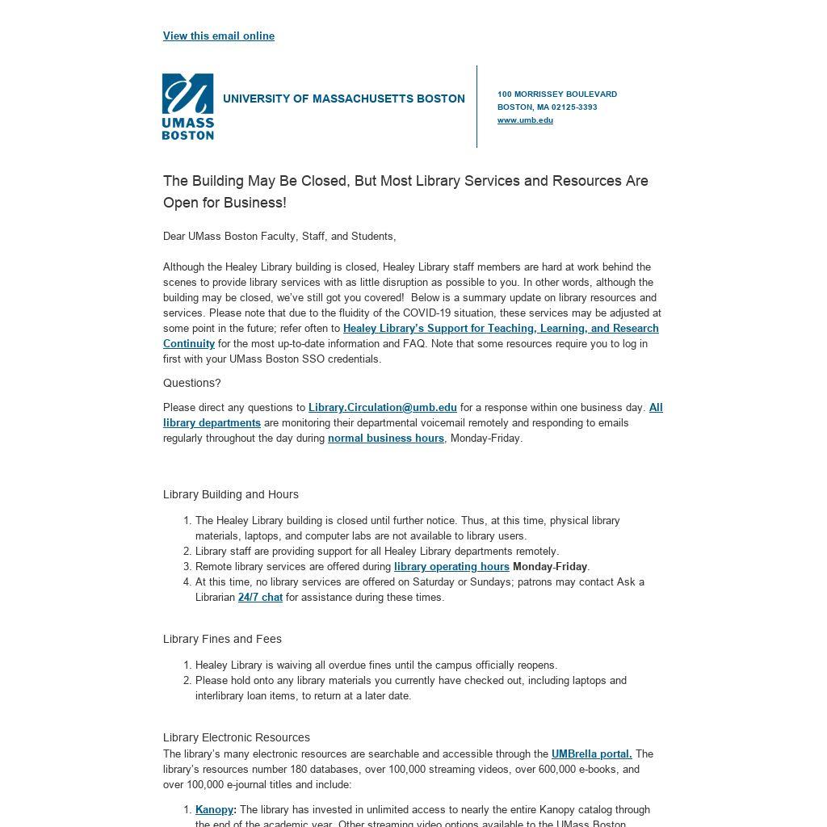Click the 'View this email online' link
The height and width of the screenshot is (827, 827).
coord(218,36)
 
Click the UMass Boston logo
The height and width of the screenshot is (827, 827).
coord(188,107)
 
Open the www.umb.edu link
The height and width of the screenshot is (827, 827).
coord(525,120)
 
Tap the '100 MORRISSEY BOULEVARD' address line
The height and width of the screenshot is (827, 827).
coord(556,94)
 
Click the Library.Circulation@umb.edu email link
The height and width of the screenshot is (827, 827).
coord(382,408)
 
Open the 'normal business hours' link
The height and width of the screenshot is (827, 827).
coord(385,439)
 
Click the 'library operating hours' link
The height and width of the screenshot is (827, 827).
coord(451,567)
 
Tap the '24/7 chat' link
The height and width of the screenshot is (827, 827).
coord(260,598)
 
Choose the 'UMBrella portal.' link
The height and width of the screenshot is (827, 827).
coord(591,754)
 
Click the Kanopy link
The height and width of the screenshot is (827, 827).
coord(214,810)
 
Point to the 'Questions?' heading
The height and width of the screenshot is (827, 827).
coord(192,384)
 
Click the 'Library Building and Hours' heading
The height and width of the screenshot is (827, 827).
coord(231,494)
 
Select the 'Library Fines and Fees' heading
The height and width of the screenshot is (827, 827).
coord(222,639)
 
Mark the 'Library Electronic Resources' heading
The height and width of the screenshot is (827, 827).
coord(237,737)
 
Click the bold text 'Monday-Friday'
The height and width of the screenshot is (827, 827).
coord(549,567)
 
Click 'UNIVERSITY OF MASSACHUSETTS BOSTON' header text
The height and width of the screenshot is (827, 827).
coord(343,99)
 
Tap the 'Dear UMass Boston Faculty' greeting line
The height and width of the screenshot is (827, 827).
coord(279,237)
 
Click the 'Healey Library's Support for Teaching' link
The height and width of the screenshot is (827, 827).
coord(501,329)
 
